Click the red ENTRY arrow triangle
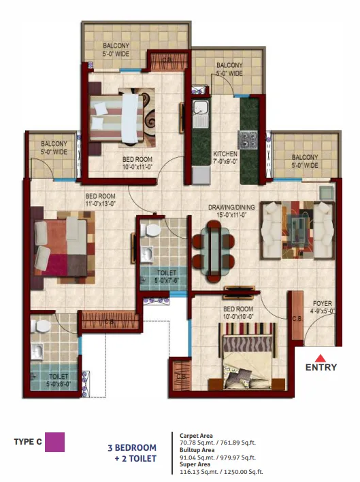321,358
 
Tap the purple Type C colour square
54,442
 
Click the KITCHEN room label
225,154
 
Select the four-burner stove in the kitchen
248,139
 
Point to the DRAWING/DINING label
231,207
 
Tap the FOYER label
322,303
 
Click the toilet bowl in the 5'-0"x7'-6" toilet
151,230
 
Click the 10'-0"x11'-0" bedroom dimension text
137,167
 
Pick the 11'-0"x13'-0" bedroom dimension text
100,203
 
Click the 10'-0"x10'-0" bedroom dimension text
238,317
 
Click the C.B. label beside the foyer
297,319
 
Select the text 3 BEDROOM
132,447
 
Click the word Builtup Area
197,450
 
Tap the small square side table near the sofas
327,193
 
